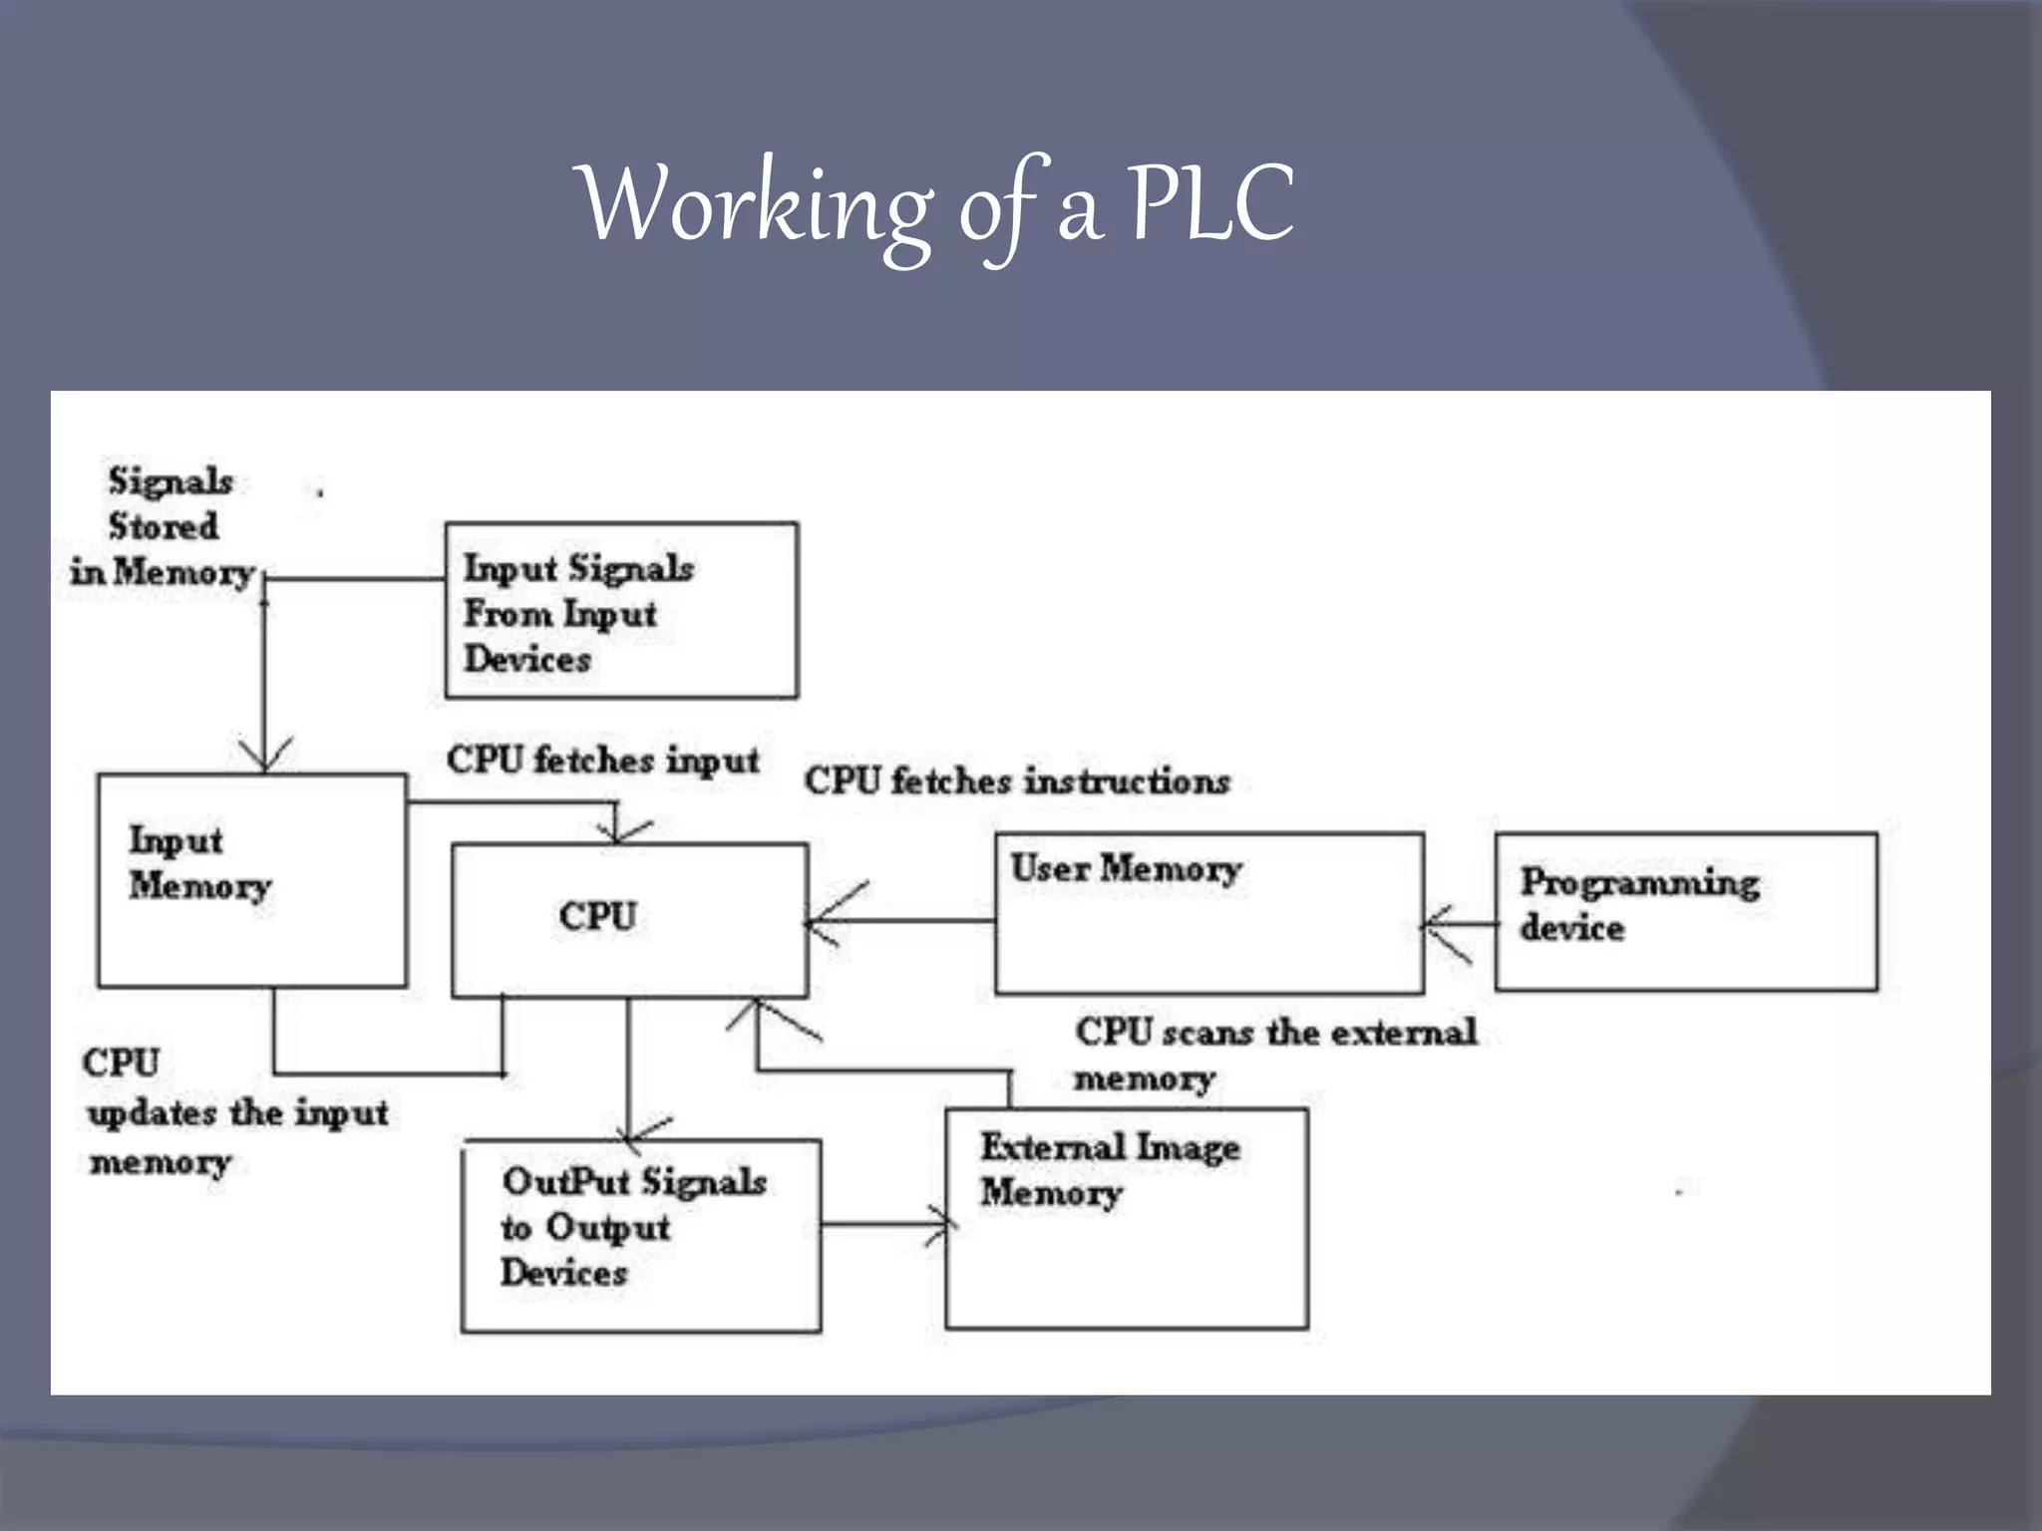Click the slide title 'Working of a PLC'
pyautogui.click(x=937, y=206)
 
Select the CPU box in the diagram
pyautogui.click(x=629, y=919)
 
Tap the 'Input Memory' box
pyautogui.click(x=251, y=881)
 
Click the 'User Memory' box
pyautogui.click(x=1208, y=913)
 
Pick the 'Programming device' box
pyautogui.click(x=1685, y=911)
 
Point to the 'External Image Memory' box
pyautogui.click(x=1126, y=1218)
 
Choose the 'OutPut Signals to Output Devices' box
pyautogui.click(x=641, y=1235)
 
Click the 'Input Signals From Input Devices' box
pyautogui.click(x=620, y=610)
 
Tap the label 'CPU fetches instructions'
pyautogui.click(x=1017, y=780)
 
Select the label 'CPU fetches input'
pyautogui.click(x=602, y=761)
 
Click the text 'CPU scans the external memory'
pyautogui.click(x=1273, y=1054)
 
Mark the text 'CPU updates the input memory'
pyautogui.click(x=236, y=1111)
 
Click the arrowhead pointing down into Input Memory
pyautogui.click(x=264, y=756)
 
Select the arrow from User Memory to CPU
pyautogui.click(x=897, y=920)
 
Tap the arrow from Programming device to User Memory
pyautogui.click(x=1458, y=925)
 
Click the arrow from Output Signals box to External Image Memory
pyautogui.click(x=882, y=1224)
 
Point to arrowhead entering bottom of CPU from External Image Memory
pyautogui.click(x=758, y=1015)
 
